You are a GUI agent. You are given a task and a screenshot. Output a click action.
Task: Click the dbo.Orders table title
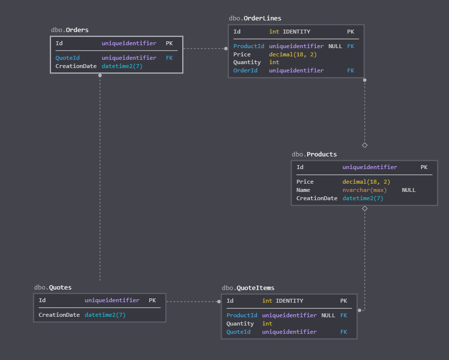(70, 30)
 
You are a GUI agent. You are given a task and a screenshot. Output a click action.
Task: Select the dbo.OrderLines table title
(255, 18)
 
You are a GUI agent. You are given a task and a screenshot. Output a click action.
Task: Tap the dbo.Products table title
(314, 154)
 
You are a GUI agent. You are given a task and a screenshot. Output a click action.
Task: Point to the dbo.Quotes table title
(53, 288)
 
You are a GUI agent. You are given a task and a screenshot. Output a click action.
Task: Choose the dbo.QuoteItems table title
(248, 288)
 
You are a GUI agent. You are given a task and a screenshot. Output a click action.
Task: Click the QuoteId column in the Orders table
(68, 58)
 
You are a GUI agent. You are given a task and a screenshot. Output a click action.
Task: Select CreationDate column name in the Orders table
(76, 66)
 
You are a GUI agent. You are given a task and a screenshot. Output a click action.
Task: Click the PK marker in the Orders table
(169, 43)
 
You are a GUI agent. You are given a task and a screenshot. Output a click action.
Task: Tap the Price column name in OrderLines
(242, 54)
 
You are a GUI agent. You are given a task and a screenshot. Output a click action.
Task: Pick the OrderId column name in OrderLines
(245, 70)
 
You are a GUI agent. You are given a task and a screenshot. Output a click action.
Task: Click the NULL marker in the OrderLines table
(335, 46)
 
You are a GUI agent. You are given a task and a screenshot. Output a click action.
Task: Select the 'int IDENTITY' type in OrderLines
(290, 32)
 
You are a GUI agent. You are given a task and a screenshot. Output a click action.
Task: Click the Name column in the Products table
(303, 190)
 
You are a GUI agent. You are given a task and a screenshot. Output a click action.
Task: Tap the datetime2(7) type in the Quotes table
(105, 315)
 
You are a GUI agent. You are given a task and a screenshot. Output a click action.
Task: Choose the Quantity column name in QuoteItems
(240, 324)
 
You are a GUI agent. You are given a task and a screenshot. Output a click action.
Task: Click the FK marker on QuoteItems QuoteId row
(344, 332)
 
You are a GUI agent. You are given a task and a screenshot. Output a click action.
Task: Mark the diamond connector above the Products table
(365, 145)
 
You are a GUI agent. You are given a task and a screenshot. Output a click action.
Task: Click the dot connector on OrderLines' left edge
(226, 49)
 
